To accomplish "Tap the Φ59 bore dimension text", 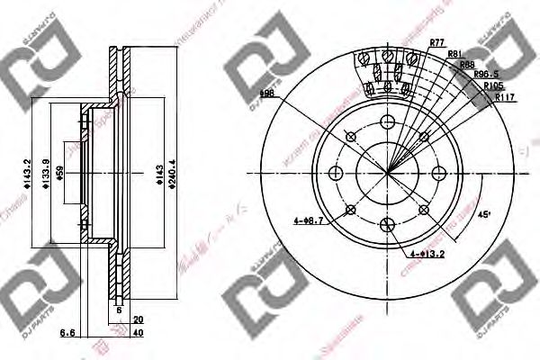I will [60, 174].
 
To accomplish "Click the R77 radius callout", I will [438, 42].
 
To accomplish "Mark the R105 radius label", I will [492, 86].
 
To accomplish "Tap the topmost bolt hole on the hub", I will [388, 123].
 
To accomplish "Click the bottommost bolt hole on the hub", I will [388, 225].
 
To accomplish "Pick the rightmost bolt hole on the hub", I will [439, 174].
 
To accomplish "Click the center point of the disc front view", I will [388, 174].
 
